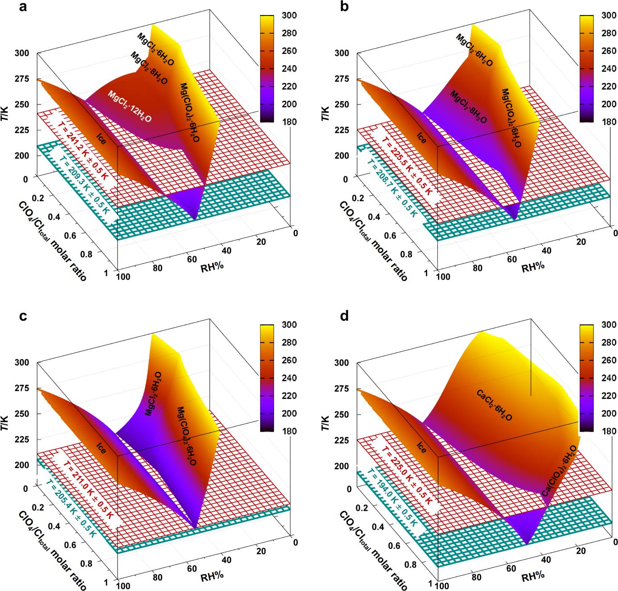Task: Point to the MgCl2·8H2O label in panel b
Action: (x=468, y=107)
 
